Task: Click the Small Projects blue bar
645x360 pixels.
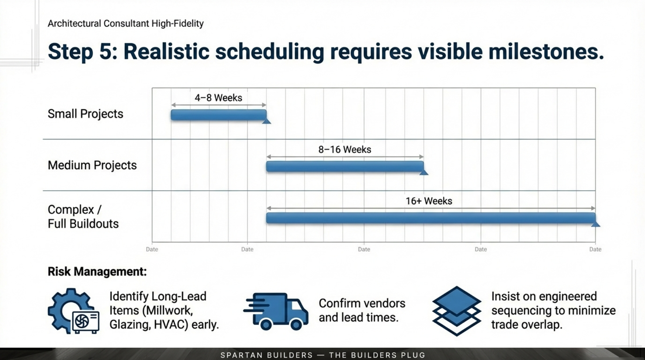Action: (218, 115)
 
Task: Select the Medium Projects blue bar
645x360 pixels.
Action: (345, 166)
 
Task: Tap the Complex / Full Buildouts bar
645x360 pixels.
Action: (430, 218)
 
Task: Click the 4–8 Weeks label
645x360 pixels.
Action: (218, 98)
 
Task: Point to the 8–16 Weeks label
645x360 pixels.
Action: (345, 149)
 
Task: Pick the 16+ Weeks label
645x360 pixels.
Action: (429, 201)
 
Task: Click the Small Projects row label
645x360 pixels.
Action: (85, 114)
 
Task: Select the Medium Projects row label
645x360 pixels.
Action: (92, 165)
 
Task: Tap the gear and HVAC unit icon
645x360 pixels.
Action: (74, 311)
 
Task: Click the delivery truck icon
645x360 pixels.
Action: (276, 311)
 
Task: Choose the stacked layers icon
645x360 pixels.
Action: (456, 311)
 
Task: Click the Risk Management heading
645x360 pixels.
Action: (97, 272)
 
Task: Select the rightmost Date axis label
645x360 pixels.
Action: (595, 249)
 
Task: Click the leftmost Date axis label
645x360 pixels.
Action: (152, 249)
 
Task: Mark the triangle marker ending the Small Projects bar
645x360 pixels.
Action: (267, 121)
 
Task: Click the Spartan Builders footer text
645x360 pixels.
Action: (322, 355)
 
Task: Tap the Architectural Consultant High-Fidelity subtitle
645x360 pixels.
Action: (126, 24)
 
